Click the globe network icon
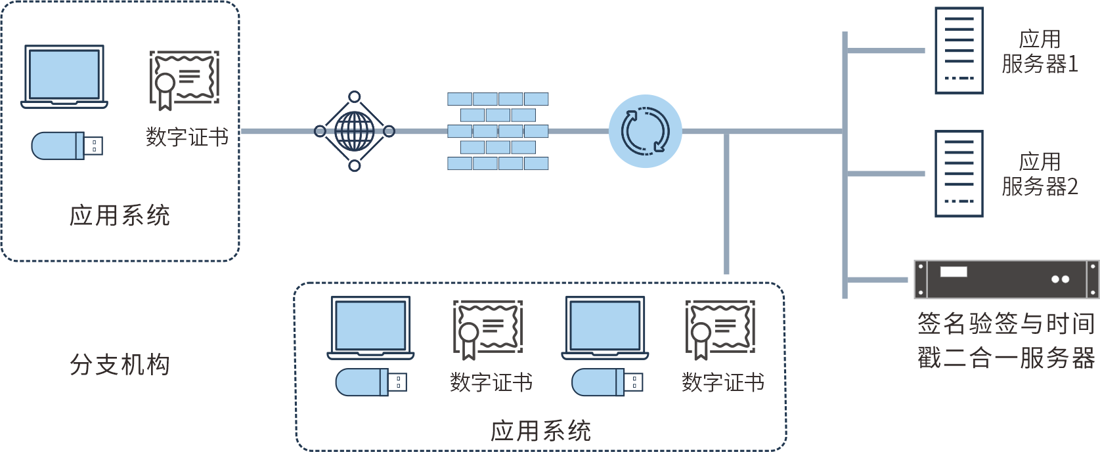[355, 131]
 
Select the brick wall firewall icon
[498, 131]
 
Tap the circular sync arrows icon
[645, 131]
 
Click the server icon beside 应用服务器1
[959, 51]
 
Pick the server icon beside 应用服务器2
[959, 174]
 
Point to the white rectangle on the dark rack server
[954, 272]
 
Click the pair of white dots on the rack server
[1060, 279]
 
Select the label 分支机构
[120, 365]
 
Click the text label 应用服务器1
[1040, 52]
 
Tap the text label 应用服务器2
[1040, 175]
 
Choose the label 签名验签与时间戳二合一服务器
[1006, 340]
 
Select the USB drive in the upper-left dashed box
[67, 146]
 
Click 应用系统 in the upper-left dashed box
[120, 215]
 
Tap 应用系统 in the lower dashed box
[540, 431]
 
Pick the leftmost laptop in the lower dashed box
[370, 328]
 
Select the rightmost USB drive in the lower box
[607, 382]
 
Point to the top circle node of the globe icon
[355, 97]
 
